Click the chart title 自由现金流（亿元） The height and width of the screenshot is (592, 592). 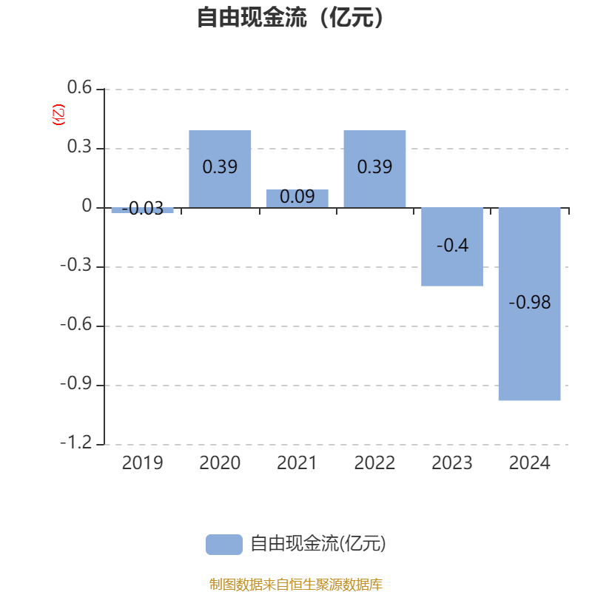click(290, 17)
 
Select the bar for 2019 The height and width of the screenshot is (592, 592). click(142, 210)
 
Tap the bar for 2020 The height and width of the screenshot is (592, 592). click(220, 169)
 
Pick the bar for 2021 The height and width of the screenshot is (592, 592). click(297, 198)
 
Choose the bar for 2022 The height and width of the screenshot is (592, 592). click(374, 169)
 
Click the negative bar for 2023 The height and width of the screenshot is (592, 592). click(452, 247)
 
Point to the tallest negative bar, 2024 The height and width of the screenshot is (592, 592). click(529, 304)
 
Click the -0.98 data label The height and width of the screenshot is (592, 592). click(529, 303)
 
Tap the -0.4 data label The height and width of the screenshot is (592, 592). click(452, 246)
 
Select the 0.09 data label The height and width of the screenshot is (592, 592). click(297, 197)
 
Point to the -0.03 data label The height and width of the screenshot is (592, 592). click(142, 209)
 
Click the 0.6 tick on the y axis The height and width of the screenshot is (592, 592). click(79, 87)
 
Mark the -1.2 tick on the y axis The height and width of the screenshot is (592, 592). click(76, 443)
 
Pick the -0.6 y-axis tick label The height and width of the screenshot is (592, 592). click(76, 324)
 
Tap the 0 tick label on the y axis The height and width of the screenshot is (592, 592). click(87, 206)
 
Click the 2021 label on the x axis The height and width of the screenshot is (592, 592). click(297, 463)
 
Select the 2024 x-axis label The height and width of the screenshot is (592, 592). click(529, 463)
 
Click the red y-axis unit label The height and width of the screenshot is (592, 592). click(58, 115)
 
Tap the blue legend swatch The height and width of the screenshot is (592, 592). click(224, 545)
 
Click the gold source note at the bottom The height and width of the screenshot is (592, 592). click(295, 584)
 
